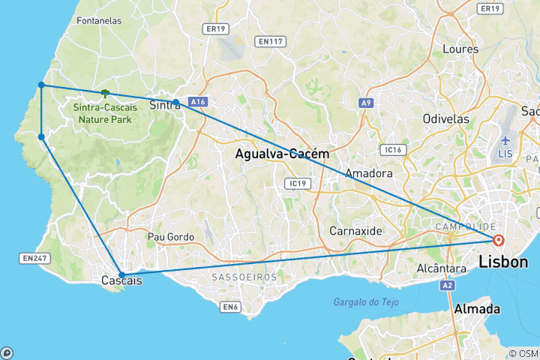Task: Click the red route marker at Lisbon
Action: (498, 240)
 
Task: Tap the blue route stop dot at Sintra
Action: (175, 102)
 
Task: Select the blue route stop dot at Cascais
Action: (121, 274)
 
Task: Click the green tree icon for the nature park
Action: (104, 94)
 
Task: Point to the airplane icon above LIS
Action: (505, 140)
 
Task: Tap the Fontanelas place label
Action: (99, 21)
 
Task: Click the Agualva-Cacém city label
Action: (281, 154)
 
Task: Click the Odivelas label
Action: (445, 118)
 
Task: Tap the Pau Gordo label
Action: (171, 237)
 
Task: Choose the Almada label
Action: (477, 309)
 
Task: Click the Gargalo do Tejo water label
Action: (367, 301)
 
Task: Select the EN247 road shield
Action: (34, 258)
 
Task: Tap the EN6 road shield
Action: (230, 306)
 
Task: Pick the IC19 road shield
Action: (296, 182)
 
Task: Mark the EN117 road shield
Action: (269, 41)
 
